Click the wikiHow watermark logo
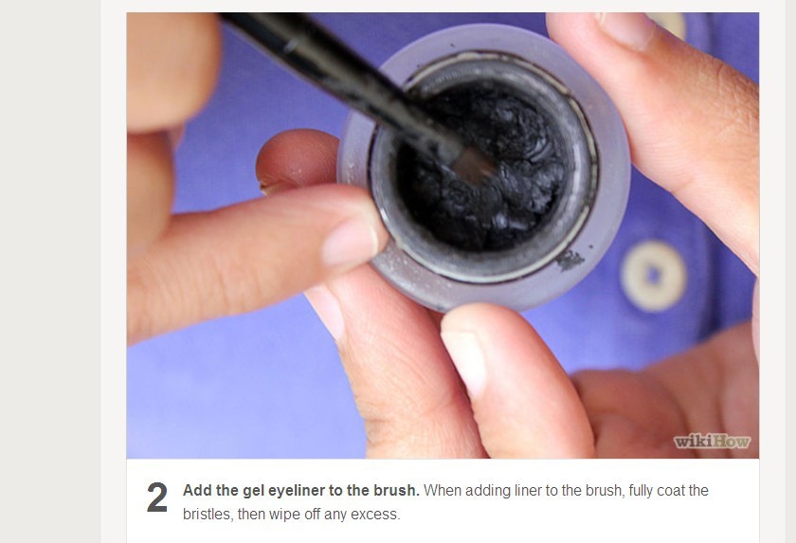[x=712, y=442]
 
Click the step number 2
[x=157, y=498]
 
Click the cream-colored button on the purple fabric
[x=653, y=276]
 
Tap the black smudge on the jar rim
[x=570, y=260]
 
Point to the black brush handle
[x=335, y=76]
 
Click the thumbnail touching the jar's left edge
[x=352, y=242]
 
